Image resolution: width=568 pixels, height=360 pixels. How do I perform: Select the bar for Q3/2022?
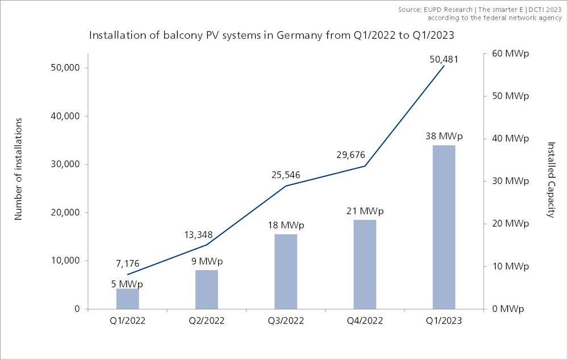click(286, 271)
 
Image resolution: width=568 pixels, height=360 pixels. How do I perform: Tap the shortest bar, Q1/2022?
click(128, 299)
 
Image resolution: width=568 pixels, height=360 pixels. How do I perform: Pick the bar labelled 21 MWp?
click(365, 264)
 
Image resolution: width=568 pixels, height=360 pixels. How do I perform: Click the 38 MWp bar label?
click(444, 136)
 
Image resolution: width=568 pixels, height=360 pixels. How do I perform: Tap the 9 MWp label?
click(207, 262)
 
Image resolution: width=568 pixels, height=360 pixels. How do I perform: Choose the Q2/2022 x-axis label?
click(207, 321)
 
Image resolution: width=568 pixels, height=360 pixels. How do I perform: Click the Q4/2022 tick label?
click(365, 321)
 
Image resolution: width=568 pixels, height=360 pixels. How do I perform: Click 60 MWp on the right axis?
click(507, 53)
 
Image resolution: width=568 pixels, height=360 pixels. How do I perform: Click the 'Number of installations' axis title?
click(18, 169)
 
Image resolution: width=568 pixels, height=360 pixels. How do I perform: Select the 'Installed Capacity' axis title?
click(550, 179)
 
